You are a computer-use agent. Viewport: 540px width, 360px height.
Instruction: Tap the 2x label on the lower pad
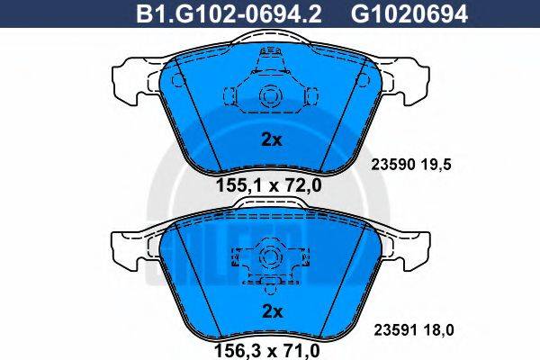pyautogui.click(x=271, y=311)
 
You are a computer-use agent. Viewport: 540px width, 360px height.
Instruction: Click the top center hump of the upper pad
pyautogui.click(x=269, y=38)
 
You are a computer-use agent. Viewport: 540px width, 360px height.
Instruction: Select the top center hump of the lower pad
pyautogui.click(x=269, y=204)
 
